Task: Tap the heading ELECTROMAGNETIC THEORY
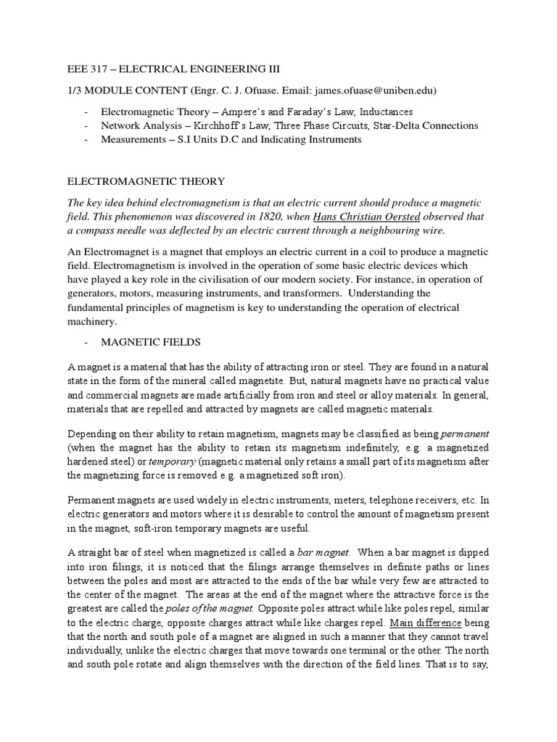pos(146,181)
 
